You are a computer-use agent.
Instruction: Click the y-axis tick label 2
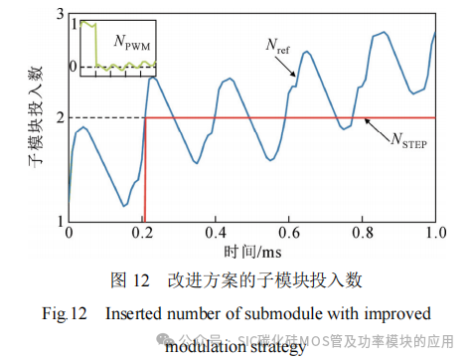click(61, 118)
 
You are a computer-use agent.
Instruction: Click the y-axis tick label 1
click(61, 221)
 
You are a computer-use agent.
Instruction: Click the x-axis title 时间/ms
click(252, 252)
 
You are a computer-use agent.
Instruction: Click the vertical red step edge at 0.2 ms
click(145, 169)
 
